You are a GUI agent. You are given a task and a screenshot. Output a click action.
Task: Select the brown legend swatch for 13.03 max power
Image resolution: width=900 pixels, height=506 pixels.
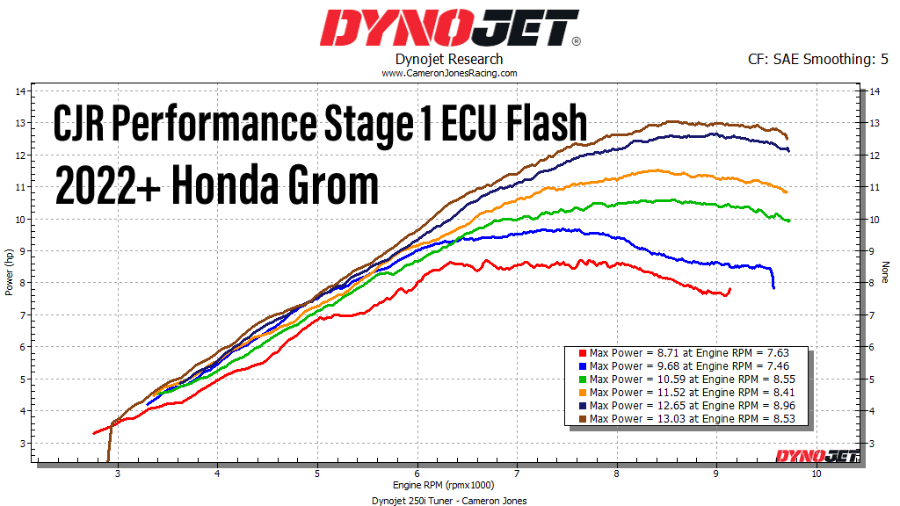point(582,419)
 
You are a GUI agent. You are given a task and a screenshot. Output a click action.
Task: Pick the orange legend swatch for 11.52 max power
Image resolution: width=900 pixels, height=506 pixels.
point(582,393)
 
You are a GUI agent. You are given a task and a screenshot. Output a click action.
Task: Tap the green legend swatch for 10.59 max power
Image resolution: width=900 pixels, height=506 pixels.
point(582,379)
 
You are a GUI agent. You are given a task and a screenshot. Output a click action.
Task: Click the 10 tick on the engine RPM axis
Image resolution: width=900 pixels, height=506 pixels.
point(817,474)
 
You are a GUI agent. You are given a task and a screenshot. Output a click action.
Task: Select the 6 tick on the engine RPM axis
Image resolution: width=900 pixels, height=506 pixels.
point(417,474)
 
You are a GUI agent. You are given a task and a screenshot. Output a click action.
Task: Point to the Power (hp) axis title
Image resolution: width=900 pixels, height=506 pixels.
point(9,272)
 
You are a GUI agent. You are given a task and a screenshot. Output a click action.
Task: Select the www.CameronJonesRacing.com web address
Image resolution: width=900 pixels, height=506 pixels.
point(450,74)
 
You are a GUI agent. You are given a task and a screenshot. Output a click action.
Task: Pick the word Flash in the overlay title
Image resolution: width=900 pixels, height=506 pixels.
point(537,123)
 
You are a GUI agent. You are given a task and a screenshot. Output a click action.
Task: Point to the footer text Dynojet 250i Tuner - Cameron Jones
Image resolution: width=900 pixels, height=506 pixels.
point(450,500)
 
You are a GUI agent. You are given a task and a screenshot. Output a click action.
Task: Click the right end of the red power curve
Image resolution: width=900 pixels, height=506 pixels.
point(729,289)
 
